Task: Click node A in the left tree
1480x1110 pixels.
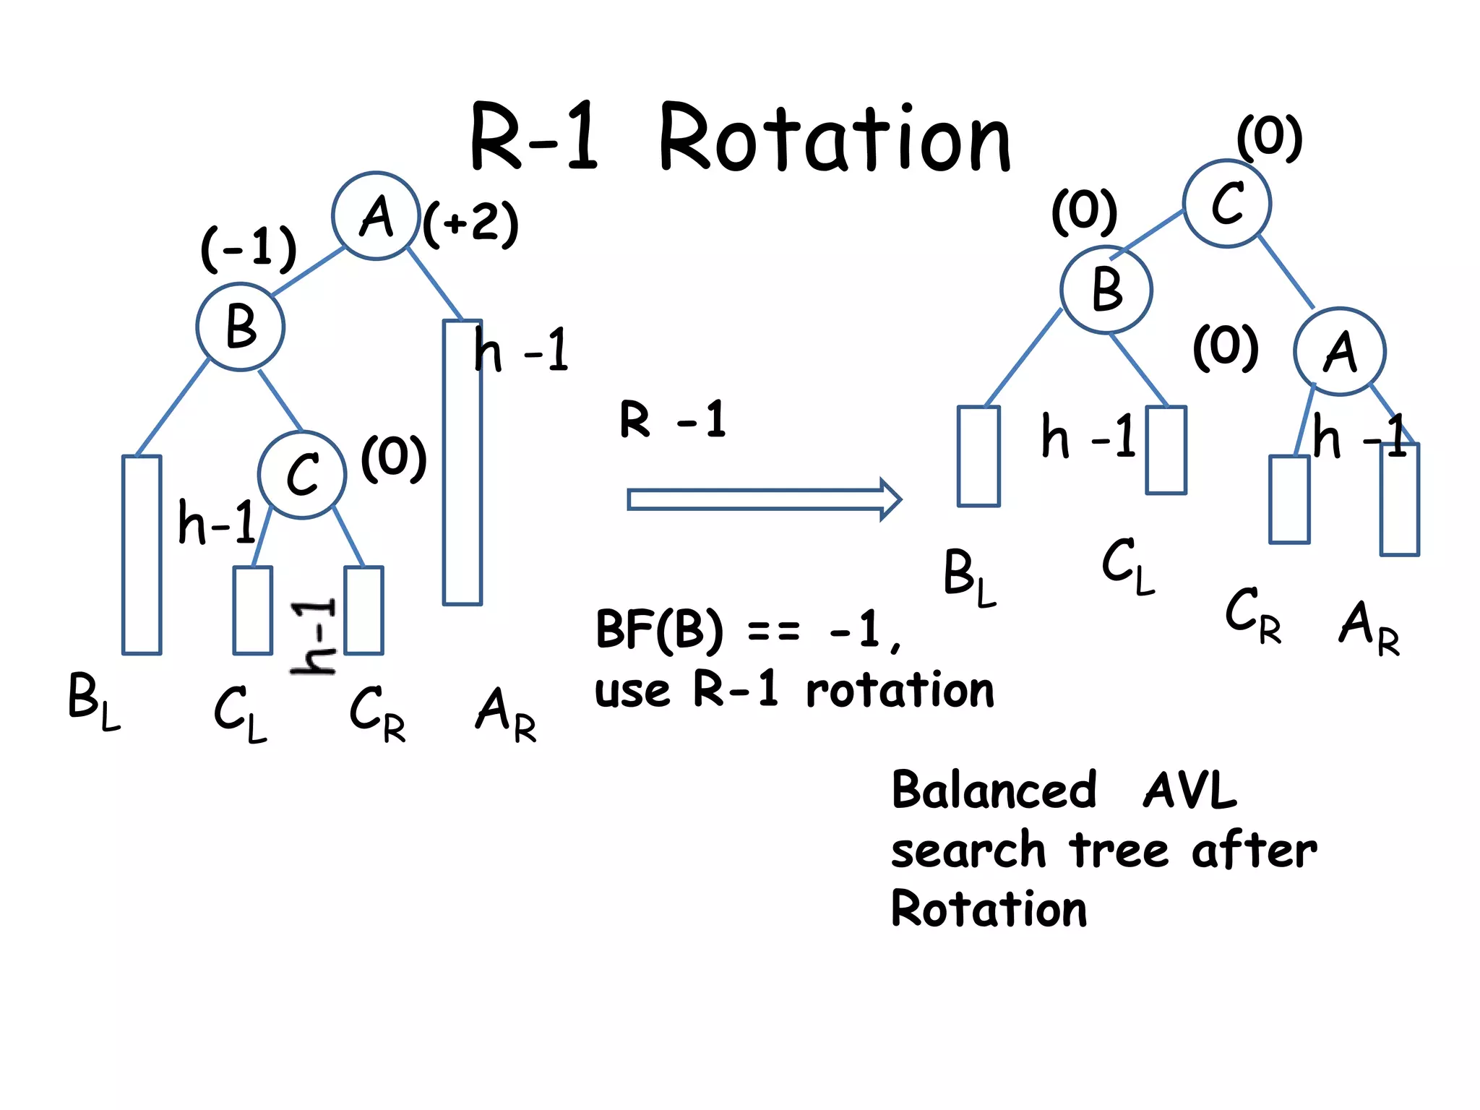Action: point(376,215)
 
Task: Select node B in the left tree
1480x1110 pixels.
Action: point(241,327)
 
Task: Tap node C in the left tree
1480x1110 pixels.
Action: point(302,475)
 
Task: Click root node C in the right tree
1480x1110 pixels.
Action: point(1226,204)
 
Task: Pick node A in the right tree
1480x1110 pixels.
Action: point(1339,352)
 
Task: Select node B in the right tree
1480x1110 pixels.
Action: point(1106,289)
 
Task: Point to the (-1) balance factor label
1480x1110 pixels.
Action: point(249,248)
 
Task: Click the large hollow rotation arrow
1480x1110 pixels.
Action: point(763,499)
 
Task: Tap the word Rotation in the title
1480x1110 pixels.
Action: point(835,139)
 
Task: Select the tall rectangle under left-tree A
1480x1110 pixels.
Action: point(462,462)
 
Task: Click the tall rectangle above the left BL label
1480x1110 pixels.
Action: point(142,554)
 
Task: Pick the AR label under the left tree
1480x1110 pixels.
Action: point(506,715)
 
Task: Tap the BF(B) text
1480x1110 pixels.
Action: point(658,629)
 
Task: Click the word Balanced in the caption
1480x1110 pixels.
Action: point(994,790)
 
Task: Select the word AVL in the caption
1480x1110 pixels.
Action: point(1190,790)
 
